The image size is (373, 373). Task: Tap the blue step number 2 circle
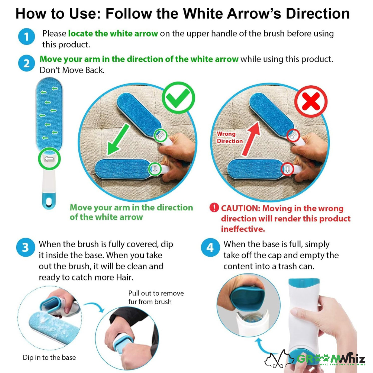(x=26, y=63)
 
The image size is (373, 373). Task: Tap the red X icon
(x=311, y=102)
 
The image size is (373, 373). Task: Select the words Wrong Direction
(x=229, y=137)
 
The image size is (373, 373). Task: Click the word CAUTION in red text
(x=240, y=209)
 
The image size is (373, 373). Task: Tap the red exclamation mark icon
(x=214, y=208)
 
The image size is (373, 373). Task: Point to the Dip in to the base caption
(x=49, y=357)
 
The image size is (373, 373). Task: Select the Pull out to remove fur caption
(x=156, y=297)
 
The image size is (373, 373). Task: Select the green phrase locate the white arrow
(x=113, y=34)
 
